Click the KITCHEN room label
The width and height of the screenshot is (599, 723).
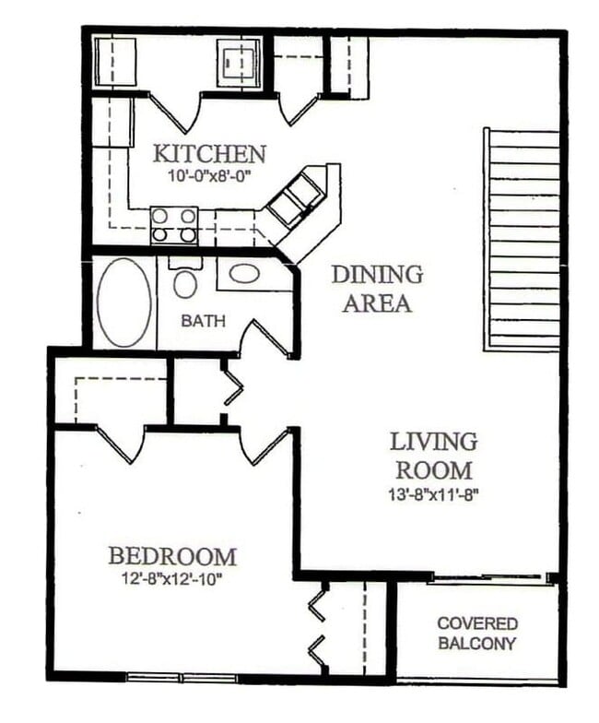pos(209,153)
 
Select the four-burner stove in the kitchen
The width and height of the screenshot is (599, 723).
pos(174,225)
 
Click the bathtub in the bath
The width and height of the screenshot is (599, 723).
pos(124,302)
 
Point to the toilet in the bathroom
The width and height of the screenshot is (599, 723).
pos(185,279)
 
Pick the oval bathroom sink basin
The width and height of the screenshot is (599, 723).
pos(244,273)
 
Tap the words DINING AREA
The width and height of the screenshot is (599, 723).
pos(377,289)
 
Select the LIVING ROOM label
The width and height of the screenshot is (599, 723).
pos(432,455)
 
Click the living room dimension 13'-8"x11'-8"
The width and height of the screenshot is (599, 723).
pos(432,493)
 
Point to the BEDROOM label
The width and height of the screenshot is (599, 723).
pos(172,556)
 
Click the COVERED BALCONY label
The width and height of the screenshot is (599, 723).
pos(476,634)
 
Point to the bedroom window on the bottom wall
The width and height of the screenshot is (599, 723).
pos(182,678)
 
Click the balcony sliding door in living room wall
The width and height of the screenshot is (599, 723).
pos(488,578)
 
